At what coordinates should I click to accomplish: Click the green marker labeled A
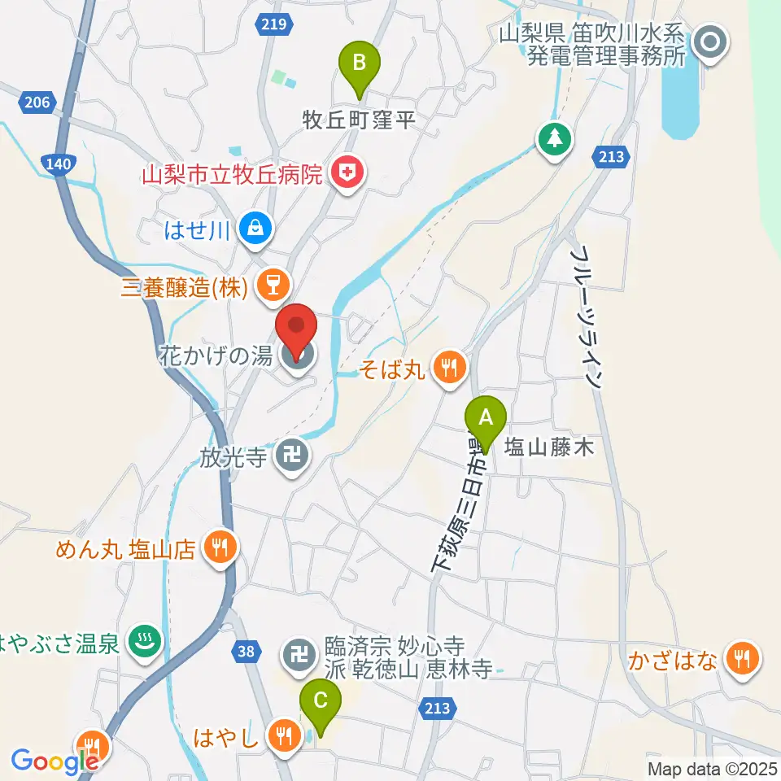[486, 420]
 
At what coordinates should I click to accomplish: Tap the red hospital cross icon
[348, 172]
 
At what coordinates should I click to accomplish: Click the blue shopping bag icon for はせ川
[256, 229]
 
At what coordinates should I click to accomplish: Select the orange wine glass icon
[269, 284]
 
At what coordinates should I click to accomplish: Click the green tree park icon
[555, 137]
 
